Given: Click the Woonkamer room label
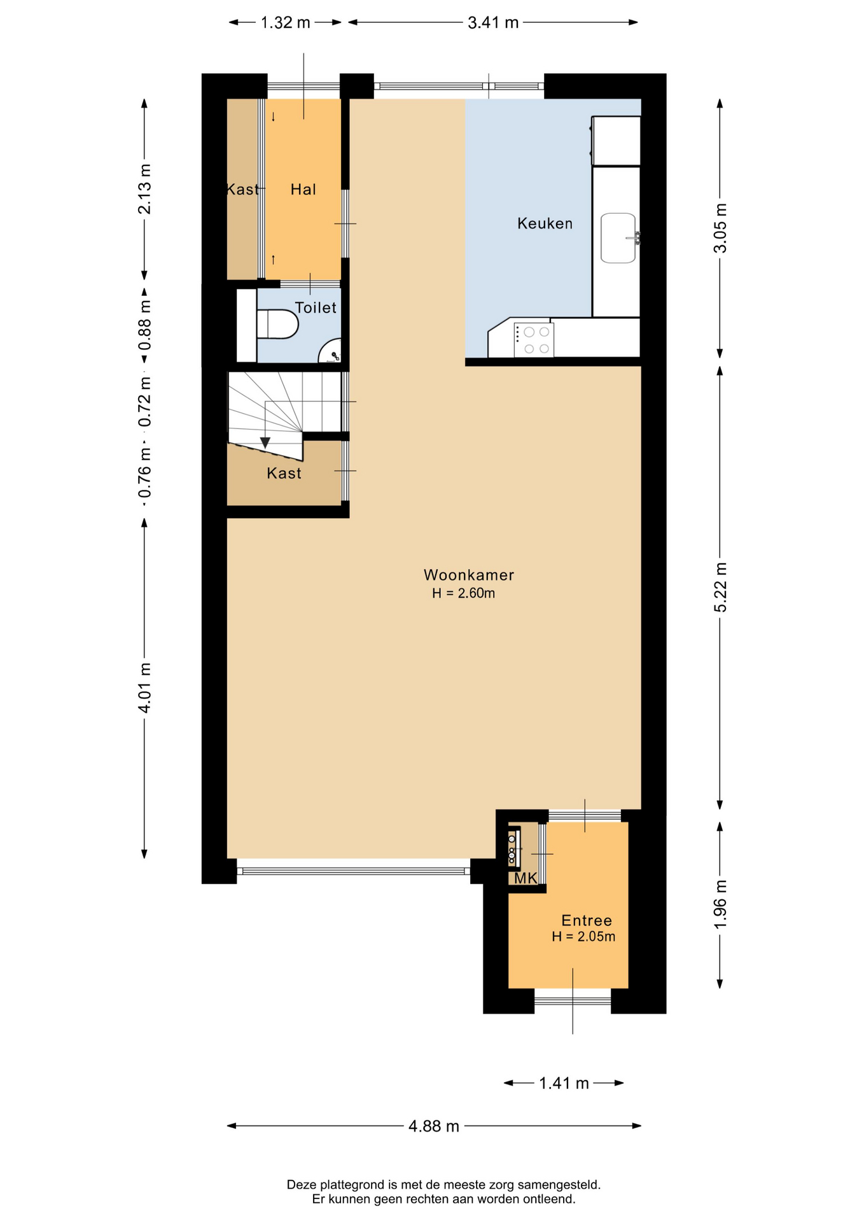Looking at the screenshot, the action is pos(469,575).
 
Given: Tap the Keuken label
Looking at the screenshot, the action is pos(545,223).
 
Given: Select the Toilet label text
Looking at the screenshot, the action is pos(316,307).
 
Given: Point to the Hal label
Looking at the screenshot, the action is pos(303,189).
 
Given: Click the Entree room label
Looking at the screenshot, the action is pos(587,920).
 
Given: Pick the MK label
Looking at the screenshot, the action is pos(526,878).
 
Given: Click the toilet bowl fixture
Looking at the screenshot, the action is pos(277,324).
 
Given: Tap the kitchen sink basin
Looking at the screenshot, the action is pos(618,238).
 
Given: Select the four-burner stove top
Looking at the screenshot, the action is pos(533,340).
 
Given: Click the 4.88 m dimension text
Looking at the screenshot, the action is pos(434,1126).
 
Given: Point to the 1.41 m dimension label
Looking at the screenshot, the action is pos(564,1083).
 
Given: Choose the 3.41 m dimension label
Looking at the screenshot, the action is pos(493,23).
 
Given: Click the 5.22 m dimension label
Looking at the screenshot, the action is pos(720,587).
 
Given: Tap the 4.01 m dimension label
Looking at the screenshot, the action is pos(145,688).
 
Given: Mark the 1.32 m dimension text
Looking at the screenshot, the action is pos(286,23).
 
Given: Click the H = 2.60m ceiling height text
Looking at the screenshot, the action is pos(464,593).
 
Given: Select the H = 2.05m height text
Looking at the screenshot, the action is pos(583,936).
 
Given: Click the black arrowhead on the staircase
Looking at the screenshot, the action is pos(265,443).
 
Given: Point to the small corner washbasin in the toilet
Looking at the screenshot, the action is pos(330,351).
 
